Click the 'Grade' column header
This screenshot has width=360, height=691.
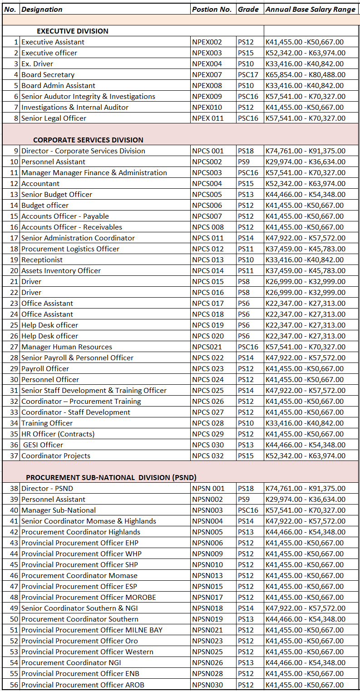click(248, 9)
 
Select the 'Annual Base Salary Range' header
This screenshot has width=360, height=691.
click(311, 9)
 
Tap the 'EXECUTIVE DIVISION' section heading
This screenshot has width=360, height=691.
click(73, 31)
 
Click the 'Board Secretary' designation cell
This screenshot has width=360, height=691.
click(48, 74)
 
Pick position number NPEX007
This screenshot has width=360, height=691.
click(207, 74)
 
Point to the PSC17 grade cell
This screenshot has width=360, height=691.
click(248, 74)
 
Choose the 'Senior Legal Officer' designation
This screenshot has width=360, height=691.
click(54, 118)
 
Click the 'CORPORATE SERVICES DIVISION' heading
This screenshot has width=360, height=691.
click(88, 140)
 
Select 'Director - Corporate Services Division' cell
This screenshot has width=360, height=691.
click(83, 151)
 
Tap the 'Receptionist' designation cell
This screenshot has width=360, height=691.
click(42, 260)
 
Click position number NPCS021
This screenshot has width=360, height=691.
click(207, 347)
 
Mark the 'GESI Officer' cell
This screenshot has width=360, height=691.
click(43, 445)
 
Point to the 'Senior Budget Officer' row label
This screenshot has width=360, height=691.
click(57, 194)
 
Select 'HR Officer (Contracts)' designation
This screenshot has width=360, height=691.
click(58, 434)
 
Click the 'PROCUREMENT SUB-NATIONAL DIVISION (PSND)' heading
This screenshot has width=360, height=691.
click(111, 477)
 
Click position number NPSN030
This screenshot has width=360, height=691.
click(207, 684)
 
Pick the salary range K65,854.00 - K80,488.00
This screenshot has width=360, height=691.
click(305, 74)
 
